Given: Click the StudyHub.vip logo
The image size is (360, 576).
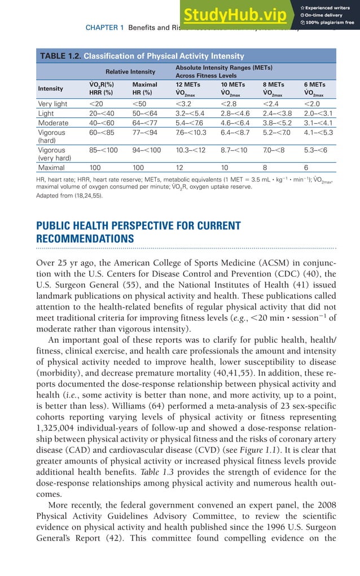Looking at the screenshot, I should point(239,14).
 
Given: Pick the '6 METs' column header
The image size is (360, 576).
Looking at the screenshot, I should point(314,84).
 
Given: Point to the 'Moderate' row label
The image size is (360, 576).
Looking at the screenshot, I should point(53,123).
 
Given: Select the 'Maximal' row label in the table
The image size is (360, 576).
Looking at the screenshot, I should point(52,168).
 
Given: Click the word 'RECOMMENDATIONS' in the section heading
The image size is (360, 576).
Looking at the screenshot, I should point(85,239).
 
